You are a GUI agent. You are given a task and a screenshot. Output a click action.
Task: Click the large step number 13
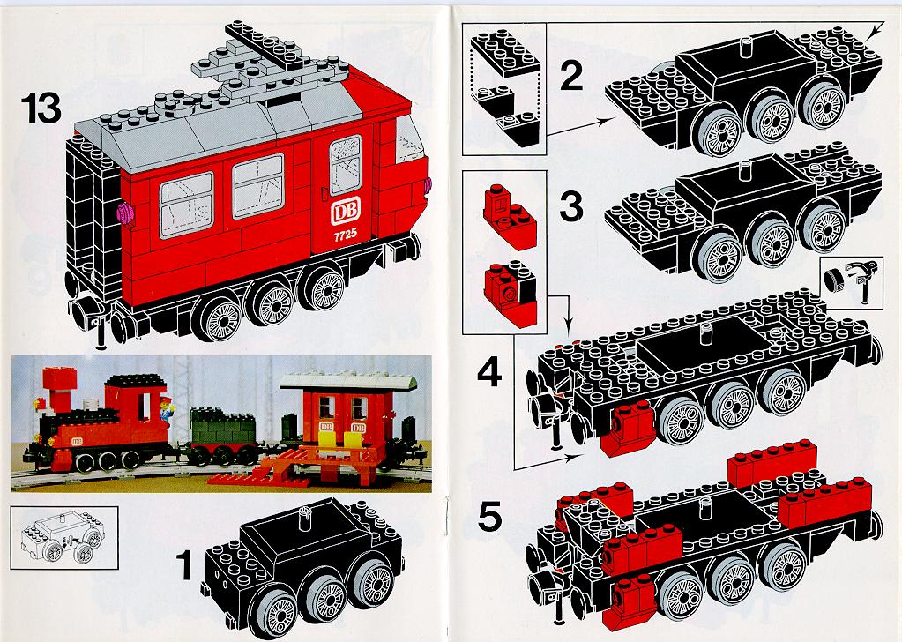[41, 109]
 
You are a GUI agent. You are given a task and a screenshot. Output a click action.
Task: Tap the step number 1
[184, 565]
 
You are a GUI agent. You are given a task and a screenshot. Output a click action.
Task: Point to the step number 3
[570, 206]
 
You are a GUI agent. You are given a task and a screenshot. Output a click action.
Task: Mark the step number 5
[489, 516]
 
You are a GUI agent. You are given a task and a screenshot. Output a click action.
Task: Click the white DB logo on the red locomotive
[345, 211]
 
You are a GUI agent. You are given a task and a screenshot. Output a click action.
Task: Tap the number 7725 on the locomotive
[345, 234]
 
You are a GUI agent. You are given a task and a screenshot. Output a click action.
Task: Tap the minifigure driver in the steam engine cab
[166, 409]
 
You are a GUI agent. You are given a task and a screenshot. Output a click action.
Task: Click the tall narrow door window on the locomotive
[345, 165]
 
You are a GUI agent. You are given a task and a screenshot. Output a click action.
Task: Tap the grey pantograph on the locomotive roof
[271, 60]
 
